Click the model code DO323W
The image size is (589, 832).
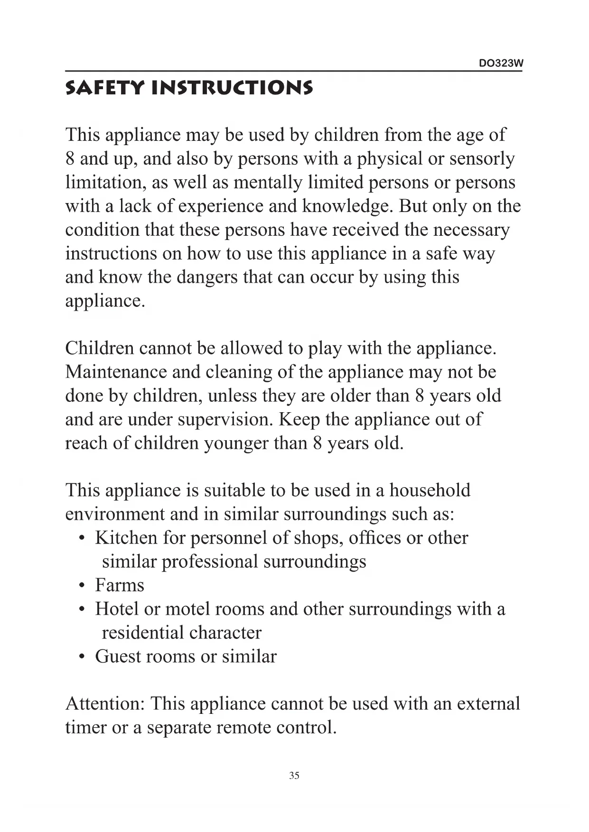[x=501, y=64]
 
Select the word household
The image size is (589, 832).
[x=430, y=490]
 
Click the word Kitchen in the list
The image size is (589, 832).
[x=126, y=538]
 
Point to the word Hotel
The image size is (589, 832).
[x=116, y=609]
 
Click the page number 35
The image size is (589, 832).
[x=294, y=776]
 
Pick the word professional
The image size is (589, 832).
[x=209, y=562]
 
